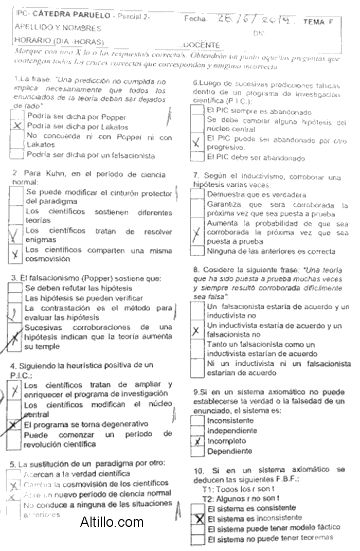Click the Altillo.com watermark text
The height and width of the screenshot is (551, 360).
112,523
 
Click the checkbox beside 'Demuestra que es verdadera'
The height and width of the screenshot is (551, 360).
197,194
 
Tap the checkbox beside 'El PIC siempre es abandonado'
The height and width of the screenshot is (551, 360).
197,110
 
